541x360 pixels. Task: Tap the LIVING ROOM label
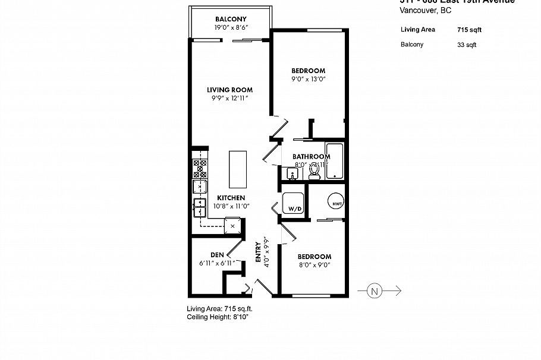230,90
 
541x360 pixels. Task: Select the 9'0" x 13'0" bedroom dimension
309,78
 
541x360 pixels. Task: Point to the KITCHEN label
231,198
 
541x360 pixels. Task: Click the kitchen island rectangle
238,168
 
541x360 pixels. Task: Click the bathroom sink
291,173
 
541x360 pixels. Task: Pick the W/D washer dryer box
294,204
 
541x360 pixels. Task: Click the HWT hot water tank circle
336,202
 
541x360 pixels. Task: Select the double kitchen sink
199,209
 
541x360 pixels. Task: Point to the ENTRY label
258,251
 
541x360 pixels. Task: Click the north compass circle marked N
374,290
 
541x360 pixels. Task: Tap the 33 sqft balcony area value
467,45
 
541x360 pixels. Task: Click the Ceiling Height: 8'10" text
217,318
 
